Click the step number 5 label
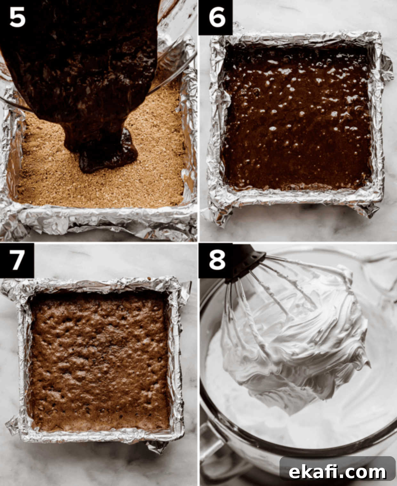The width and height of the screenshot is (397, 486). tap(17, 18)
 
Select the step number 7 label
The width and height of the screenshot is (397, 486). tap(17, 260)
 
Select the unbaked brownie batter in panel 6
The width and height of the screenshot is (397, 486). tap(297, 118)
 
